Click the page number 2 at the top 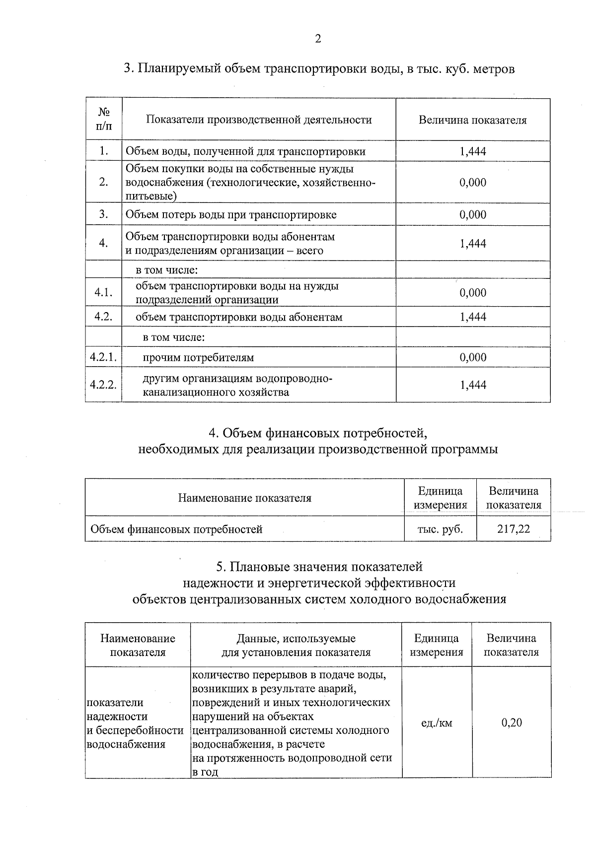point(318,39)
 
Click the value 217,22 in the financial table point(514,529)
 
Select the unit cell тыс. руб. point(440,529)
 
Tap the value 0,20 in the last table point(512,722)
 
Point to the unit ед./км point(437,723)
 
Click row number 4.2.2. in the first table point(103,385)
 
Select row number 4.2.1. point(103,357)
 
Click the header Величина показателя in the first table point(472,120)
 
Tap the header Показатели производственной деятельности point(259,120)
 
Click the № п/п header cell point(103,119)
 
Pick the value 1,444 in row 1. point(473,152)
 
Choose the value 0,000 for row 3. point(473,215)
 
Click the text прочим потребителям point(198,357)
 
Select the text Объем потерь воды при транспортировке point(231,215)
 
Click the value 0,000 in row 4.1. point(473,293)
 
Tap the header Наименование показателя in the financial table point(244,498)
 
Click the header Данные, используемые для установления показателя point(296,645)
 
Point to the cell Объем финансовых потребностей point(176,529)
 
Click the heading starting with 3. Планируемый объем point(319,68)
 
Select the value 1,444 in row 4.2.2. point(473,385)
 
